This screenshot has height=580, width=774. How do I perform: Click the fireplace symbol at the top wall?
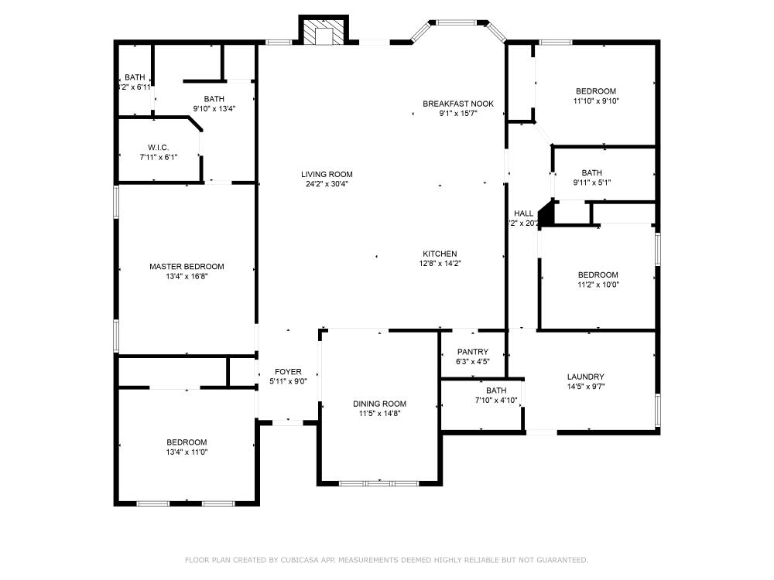pyautogui.click(x=324, y=33)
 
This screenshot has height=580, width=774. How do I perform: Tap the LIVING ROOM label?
pyautogui.click(x=327, y=174)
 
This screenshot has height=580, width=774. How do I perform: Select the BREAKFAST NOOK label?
pyautogui.click(x=457, y=104)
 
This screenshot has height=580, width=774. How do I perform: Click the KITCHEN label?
pyautogui.click(x=440, y=254)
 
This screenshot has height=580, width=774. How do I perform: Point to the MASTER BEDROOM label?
pyautogui.click(x=187, y=267)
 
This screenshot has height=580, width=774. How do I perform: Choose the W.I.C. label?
pyautogui.click(x=159, y=148)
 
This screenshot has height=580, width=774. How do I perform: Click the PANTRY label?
pyautogui.click(x=472, y=352)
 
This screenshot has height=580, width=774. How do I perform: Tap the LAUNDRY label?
pyautogui.click(x=586, y=377)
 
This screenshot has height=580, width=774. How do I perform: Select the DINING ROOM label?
pyautogui.click(x=379, y=404)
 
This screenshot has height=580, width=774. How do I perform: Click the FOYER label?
pyautogui.click(x=289, y=372)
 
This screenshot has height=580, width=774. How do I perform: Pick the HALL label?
pyautogui.click(x=523, y=213)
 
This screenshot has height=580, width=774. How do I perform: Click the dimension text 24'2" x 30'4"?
pyautogui.click(x=327, y=184)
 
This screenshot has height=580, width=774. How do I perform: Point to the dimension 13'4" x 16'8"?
pyautogui.click(x=187, y=276)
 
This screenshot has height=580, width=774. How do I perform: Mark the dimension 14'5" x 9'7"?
pyautogui.click(x=586, y=387)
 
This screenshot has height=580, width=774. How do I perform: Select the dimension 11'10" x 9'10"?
pyautogui.click(x=596, y=101)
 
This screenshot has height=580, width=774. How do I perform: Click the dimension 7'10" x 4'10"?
pyautogui.click(x=496, y=400)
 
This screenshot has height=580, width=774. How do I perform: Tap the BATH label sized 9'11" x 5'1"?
pyautogui.click(x=592, y=173)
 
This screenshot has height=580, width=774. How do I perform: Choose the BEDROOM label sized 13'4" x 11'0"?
pyautogui.click(x=187, y=442)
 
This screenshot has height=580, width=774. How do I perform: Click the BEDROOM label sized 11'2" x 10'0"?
pyautogui.click(x=598, y=275)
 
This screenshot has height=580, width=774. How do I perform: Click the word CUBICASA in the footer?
pyautogui.click(x=323, y=560)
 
